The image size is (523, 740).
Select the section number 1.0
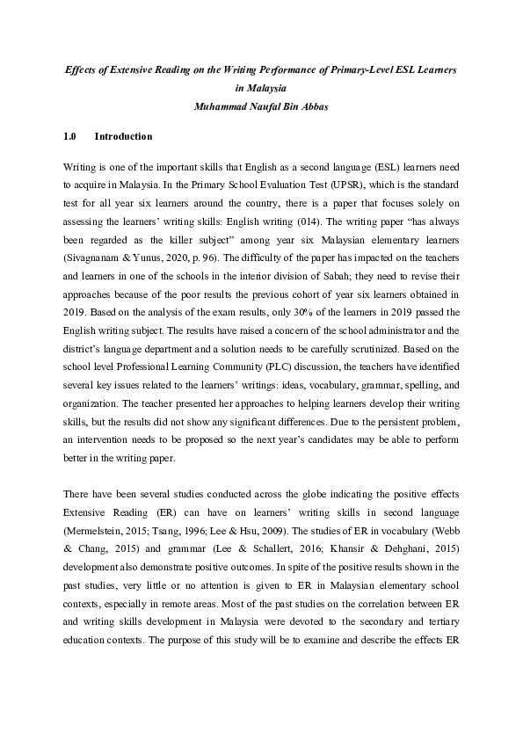(x=71, y=137)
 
